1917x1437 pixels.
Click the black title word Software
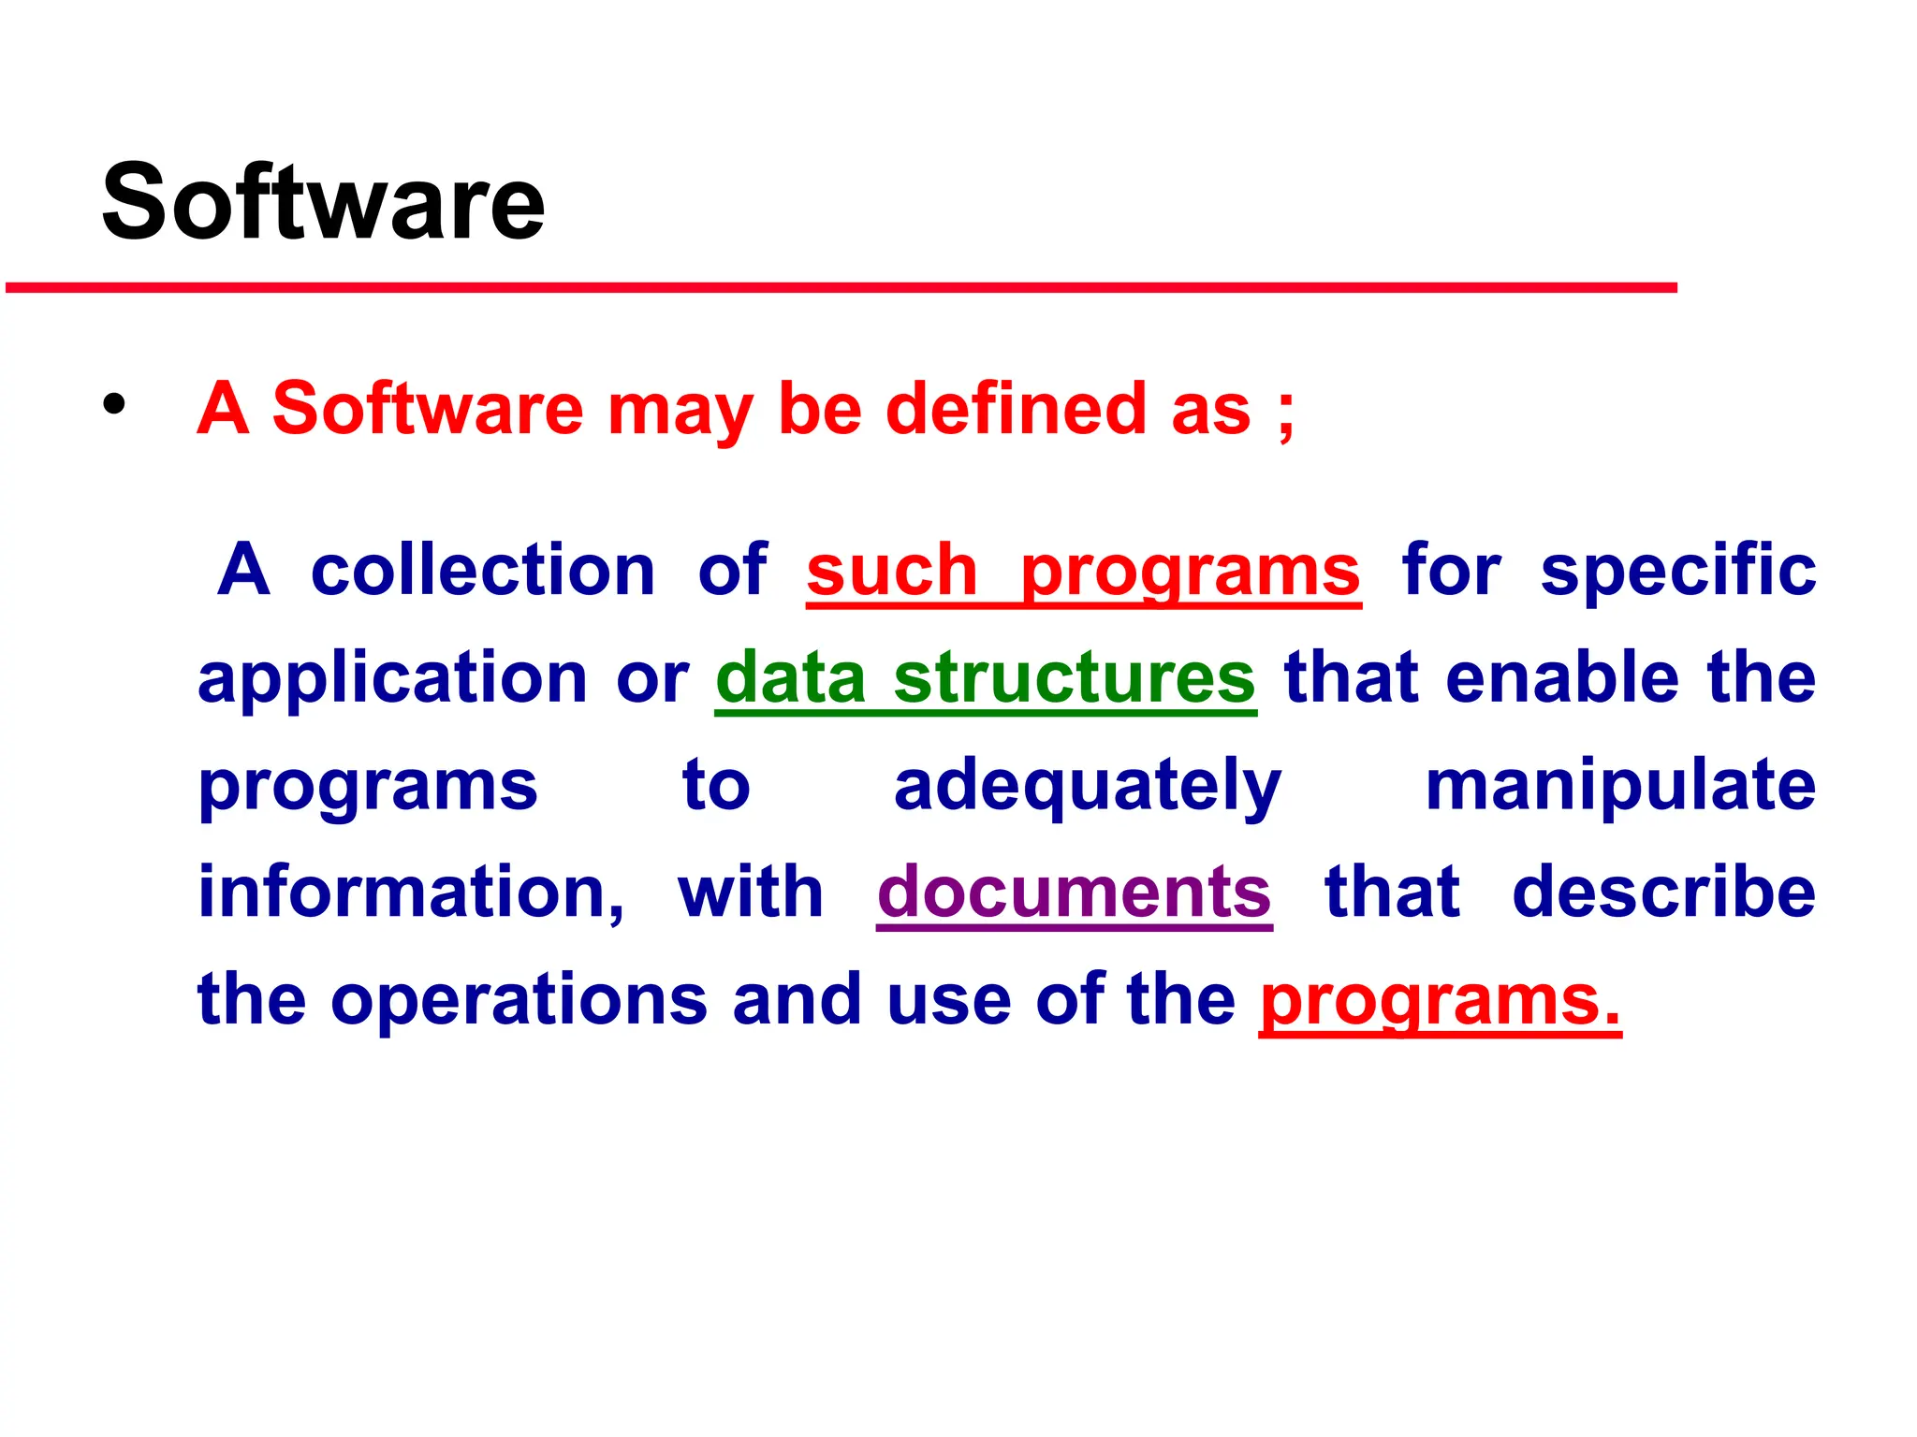(323, 202)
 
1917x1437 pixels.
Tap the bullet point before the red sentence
(114, 406)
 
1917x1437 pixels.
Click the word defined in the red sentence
(1016, 409)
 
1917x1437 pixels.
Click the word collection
(482, 571)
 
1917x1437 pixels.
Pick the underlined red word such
(891, 571)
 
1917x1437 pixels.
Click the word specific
(1678, 571)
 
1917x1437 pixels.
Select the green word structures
(1074, 677)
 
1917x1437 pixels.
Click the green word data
(791, 677)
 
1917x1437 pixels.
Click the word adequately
(1087, 786)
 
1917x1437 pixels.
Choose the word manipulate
(1620, 786)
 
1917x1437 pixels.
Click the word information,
(411, 893)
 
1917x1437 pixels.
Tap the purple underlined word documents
(1074, 893)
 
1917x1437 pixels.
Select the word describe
(1663, 893)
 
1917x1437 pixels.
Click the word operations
(519, 1000)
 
